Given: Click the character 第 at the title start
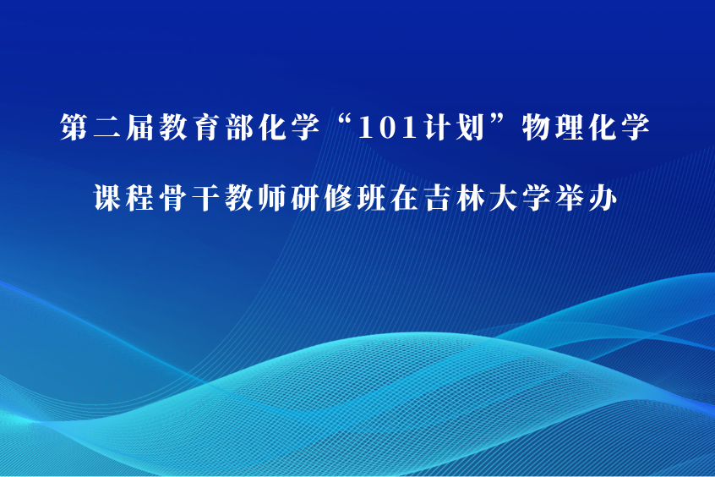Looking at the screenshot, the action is coord(74,127).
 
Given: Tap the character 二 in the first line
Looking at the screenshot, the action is coord(107,128).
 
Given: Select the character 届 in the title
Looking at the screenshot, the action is coord(140,127).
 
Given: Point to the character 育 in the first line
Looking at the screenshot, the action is coord(206,127).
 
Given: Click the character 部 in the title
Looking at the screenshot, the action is coord(239,127).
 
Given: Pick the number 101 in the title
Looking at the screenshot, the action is coord(388,128).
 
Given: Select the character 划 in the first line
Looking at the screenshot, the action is coord(472,127).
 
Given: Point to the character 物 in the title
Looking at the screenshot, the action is coord(536,127).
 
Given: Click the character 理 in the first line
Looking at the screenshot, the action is coord(570,127).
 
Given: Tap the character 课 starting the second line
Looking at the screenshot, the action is coord(107,198).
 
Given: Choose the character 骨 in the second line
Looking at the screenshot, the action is coord(174,198).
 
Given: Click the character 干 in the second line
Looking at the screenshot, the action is coord(206,198).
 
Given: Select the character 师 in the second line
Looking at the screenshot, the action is coord(273,198).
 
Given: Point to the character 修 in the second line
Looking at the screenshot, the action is coord(338,198).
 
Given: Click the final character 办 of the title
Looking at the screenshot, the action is coord(603,198).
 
